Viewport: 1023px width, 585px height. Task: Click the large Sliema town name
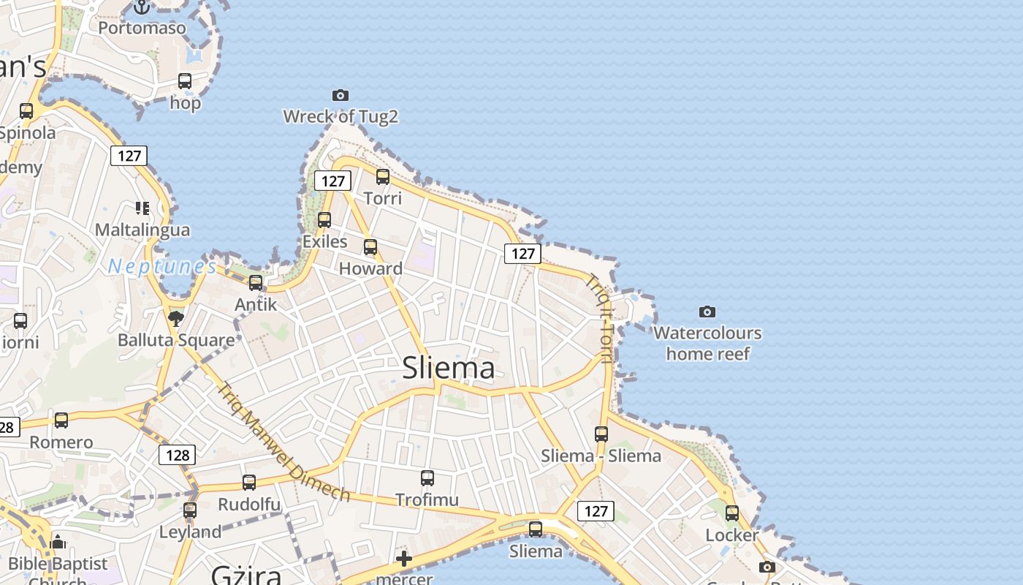click(449, 368)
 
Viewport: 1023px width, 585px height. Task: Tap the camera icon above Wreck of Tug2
click(340, 95)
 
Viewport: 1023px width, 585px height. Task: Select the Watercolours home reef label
click(707, 343)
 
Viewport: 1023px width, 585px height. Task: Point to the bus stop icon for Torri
click(383, 176)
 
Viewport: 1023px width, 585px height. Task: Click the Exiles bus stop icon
click(324, 219)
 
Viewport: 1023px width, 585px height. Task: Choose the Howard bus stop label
click(370, 268)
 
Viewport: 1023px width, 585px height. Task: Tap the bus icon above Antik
click(256, 282)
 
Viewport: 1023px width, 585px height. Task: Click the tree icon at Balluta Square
click(175, 318)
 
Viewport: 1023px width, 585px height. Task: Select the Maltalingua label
click(142, 230)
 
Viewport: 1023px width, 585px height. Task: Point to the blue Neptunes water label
click(162, 267)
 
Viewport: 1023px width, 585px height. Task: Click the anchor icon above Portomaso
click(142, 7)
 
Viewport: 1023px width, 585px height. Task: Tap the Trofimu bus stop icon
click(427, 478)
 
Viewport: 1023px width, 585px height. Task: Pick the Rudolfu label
click(249, 505)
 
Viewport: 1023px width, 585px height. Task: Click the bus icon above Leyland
click(190, 510)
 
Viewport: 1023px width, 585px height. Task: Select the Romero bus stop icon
click(61, 420)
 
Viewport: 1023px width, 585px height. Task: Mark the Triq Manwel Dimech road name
click(284, 442)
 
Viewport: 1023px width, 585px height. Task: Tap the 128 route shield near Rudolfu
click(178, 455)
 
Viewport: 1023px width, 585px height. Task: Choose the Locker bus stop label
click(731, 535)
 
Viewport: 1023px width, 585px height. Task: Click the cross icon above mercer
click(403, 559)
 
